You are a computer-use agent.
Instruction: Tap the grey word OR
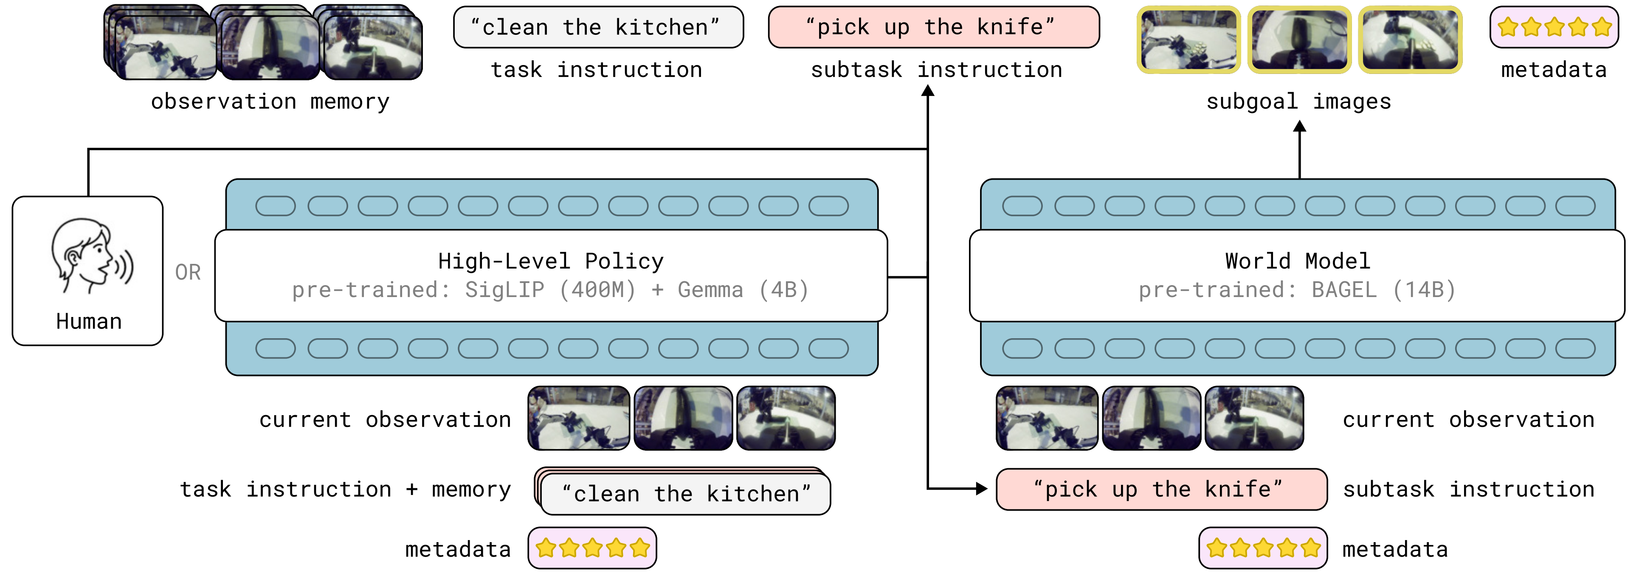pyautogui.click(x=188, y=273)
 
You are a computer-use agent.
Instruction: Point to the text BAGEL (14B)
pyautogui.click(x=1383, y=290)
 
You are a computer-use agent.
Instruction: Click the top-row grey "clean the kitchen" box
pyautogui.click(x=598, y=27)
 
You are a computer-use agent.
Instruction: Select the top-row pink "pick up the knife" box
pyautogui.click(x=933, y=27)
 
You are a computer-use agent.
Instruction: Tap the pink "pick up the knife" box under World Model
pyautogui.click(x=1161, y=489)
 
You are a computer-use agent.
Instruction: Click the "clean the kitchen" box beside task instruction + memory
pyautogui.click(x=685, y=494)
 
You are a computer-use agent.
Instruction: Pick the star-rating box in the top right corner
pyautogui.click(x=1554, y=27)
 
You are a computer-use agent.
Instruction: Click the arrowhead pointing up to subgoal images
pyautogui.click(x=1299, y=127)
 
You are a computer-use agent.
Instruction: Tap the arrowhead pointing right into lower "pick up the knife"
pyautogui.click(x=982, y=489)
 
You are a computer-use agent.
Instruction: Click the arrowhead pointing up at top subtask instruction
pyautogui.click(x=928, y=91)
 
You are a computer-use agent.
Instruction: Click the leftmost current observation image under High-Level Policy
pyautogui.click(x=578, y=419)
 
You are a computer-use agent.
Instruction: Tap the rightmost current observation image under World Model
pyautogui.click(x=1254, y=419)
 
